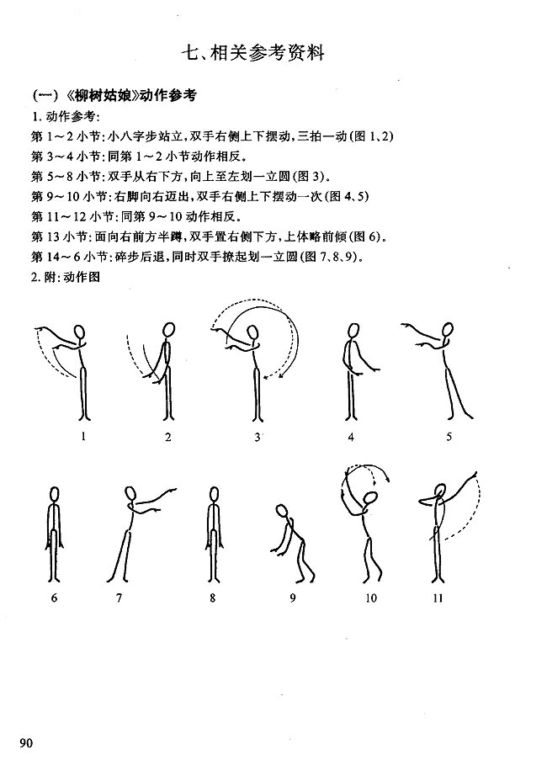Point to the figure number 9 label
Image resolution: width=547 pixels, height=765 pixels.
point(293,598)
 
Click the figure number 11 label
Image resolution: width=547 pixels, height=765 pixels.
point(438,598)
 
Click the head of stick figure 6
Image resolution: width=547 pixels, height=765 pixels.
point(55,494)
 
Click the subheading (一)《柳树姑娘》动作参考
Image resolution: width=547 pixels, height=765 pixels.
point(113,95)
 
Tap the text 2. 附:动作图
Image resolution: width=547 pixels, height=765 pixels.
point(66,277)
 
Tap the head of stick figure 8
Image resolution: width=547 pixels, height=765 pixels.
point(212,494)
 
